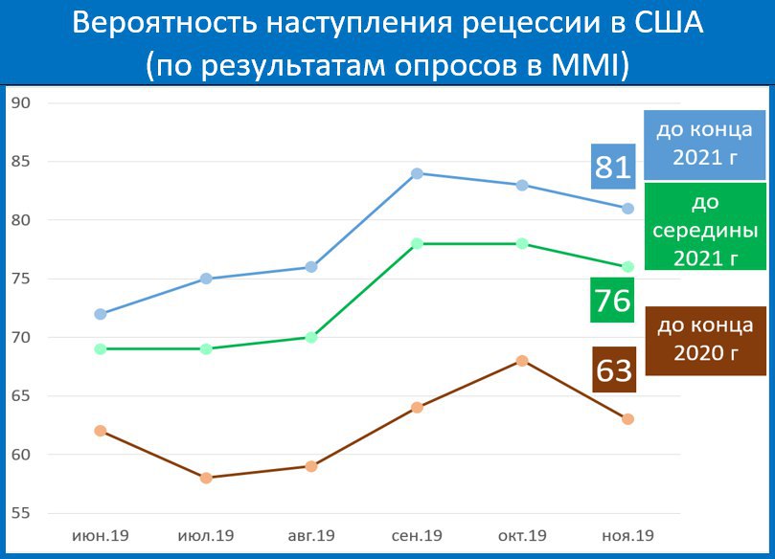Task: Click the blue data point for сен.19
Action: (417, 173)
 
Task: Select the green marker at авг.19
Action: (311, 337)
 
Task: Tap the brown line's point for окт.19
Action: (522, 361)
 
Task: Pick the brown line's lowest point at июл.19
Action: (206, 478)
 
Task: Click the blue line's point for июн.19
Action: (101, 314)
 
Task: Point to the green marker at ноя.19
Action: (627, 267)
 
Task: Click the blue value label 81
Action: (613, 167)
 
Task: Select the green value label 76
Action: (612, 300)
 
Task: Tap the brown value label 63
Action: (614, 369)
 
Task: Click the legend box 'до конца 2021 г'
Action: (705, 145)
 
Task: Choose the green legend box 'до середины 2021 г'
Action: (705, 226)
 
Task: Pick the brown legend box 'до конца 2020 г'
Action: (706, 341)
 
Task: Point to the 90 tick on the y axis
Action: (21, 102)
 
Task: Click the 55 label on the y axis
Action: (21, 513)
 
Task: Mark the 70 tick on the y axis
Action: (21, 337)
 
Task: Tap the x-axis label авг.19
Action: (311, 536)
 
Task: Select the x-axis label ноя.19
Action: (627, 536)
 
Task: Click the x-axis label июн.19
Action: (101, 536)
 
